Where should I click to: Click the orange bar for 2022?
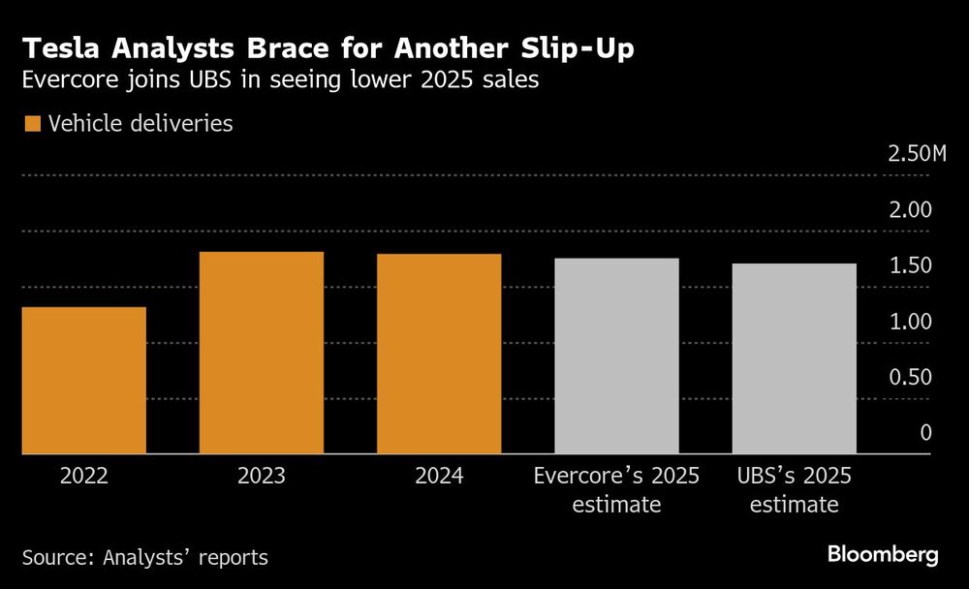click(83, 380)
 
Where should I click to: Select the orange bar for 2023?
click(262, 353)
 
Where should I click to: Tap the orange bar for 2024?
click(439, 354)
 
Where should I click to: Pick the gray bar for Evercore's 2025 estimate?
click(616, 356)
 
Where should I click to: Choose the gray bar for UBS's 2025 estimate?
click(795, 358)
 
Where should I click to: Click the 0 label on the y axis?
click(925, 432)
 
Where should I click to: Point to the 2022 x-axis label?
click(83, 477)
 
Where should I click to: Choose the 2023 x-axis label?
click(262, 477)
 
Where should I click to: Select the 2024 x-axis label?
click(439, 477)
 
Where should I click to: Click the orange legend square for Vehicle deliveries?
click(33, 124)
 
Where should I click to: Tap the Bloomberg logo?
click(883, 555)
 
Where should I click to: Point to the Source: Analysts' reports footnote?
click(145, 557)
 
